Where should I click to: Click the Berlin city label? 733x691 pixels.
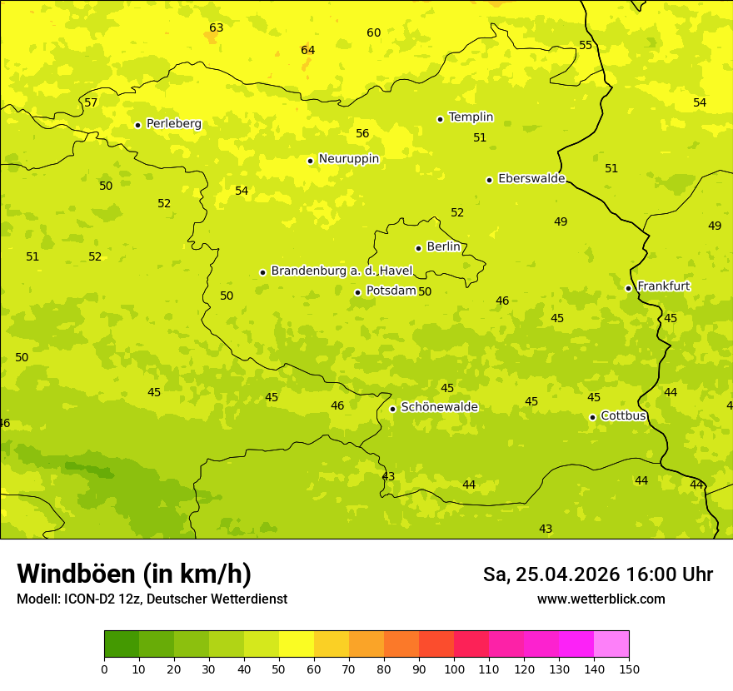pyautogui.click(x=443, y=247)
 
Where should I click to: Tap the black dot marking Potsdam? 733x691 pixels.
pyautogui.click(x=357, y=292)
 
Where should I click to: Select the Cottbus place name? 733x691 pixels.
pyautogui.click(x=623, y=415)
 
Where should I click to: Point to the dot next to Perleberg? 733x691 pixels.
pyautogui.click(x=137, y=125)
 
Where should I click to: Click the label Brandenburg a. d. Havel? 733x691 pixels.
pyautogui.click(x=342, y=271)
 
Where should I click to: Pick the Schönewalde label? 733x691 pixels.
pyautogui.click(x=439, y=407)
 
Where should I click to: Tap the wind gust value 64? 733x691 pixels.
pyautogui.click(x=308, y=51)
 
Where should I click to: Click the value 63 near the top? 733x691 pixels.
pyautogui.click(x=217, y=28)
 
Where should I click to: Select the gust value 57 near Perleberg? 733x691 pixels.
pyautogui.click(x=91, y=103)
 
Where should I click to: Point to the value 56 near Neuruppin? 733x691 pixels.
pyautogui.click(x=362, y=134)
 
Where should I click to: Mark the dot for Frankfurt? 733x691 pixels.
pyautogui.click(x=628, y=288)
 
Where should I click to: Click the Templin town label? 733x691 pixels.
pyautogui.click(x=471, y=117)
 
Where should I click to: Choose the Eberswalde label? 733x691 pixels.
pyautogui.click(x=531, y=179)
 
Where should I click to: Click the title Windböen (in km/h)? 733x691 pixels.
pyautogui.click(x=134, y=574)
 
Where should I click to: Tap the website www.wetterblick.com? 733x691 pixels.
pyautogui.click(x=601, y=599)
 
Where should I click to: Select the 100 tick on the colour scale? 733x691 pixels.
pyautogui.click(x=454, y=669)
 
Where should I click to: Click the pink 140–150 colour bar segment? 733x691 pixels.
pyautogui.click(x=611, y=644)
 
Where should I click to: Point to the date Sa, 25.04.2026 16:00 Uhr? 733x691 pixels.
pyautogui.click(x=597, y=574)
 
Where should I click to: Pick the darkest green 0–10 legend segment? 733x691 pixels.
pyautogui.click(x=122, y=644)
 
